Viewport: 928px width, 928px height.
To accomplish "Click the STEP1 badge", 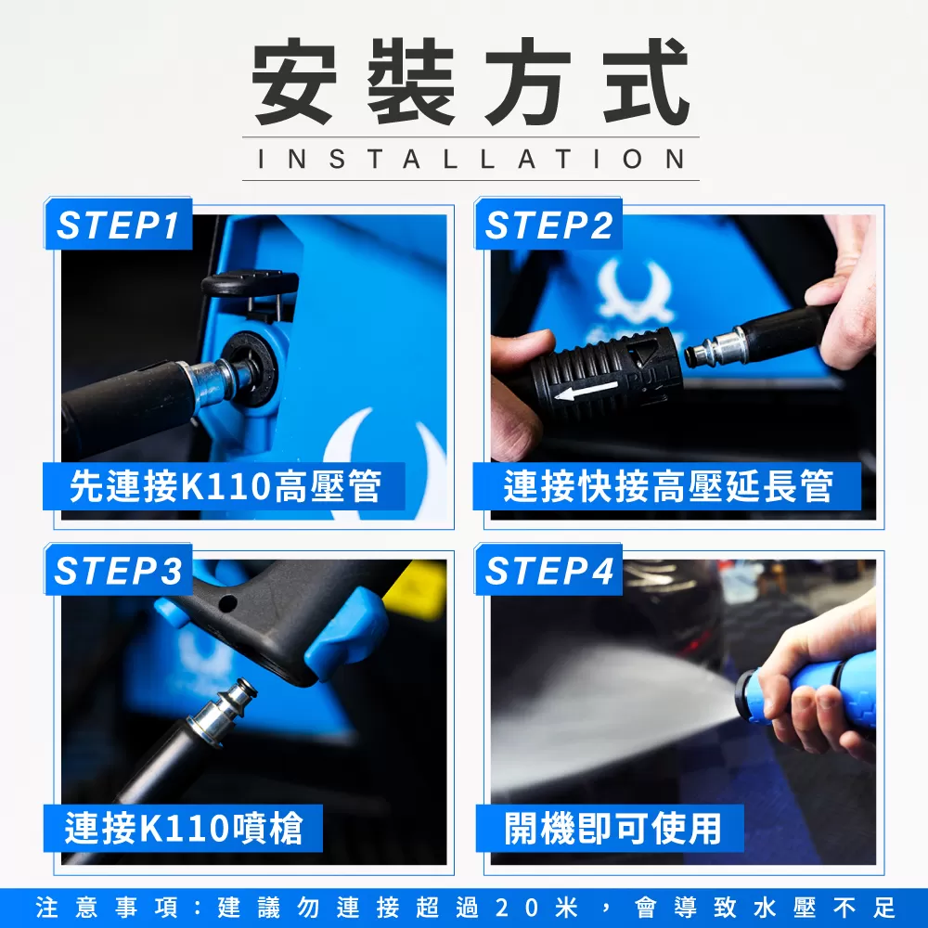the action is tap(119, 225).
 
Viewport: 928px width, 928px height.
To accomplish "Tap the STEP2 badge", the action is tap(548, 225).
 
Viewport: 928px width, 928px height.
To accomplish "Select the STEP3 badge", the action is tap(119, 570).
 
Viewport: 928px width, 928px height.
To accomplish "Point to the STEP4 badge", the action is tap(548, 570).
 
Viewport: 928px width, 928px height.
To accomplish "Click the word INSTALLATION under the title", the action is tap(471, 160).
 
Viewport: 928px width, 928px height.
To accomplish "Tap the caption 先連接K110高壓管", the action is tap(225, 486).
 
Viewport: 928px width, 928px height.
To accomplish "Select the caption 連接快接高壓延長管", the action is tap(667, 486).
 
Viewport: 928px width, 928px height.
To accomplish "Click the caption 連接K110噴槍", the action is tap(184, 828).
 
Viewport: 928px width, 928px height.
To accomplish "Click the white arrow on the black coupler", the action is tap(586, 391).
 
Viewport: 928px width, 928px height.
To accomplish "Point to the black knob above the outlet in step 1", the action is tap(250, 283).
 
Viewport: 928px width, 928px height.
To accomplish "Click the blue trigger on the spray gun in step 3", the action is tap(346, 633).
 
